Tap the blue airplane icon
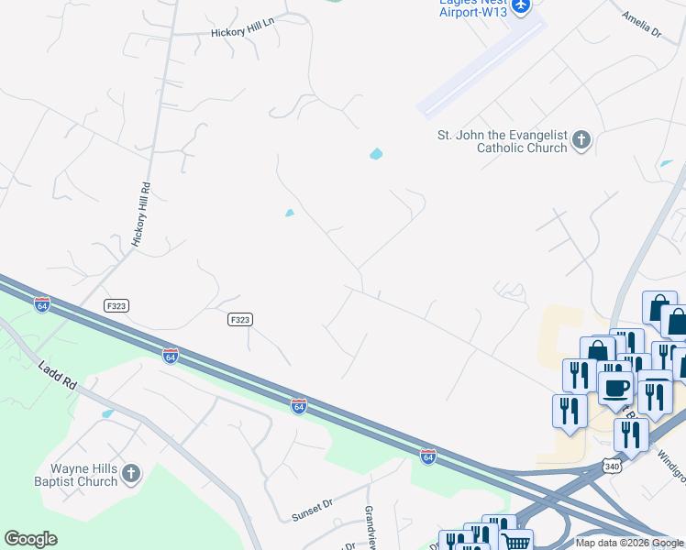click(x=521, y=6)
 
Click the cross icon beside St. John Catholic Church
click(x=581, y=141)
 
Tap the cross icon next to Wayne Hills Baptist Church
click(x=131, y=474)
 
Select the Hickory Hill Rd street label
click(x=140, y=214)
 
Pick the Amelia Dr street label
click(x=641, y=24)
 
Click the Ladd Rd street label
click(x=57, y=375)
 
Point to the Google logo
click(x=30, y=539)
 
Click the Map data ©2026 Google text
click(x=629, y=543)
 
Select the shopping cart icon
click(x=516, y=541)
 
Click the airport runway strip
click(x=481, y=69)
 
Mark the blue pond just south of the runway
click(x=376, y=154)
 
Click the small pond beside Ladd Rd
click(x=108, y=414)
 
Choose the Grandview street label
click(x=370, y=522)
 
